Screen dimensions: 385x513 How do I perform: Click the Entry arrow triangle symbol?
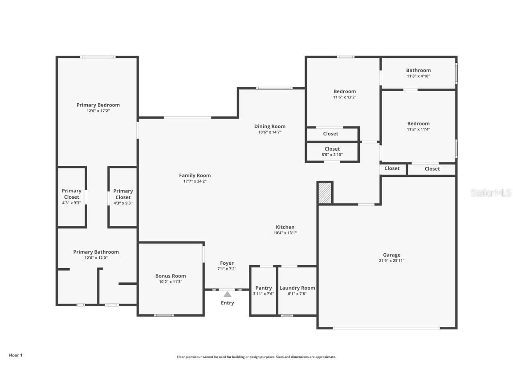click(228, 294)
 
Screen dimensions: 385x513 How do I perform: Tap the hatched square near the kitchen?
click(325, 193)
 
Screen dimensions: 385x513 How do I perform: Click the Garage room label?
click(391, 255)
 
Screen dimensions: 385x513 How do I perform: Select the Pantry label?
click(264, 288)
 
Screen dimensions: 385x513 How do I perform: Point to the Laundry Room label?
click(297, 288)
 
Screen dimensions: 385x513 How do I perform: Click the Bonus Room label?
click(171, 276)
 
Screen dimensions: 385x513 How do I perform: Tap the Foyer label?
click(227, 263)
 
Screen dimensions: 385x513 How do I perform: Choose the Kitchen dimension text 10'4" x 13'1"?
click(285, 233)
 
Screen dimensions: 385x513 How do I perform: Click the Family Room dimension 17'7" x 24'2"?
click(195, 181)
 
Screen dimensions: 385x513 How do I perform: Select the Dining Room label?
click(270, 126)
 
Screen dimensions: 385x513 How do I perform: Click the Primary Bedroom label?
click(98, 105)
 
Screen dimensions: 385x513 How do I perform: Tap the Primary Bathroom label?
click(96, 252)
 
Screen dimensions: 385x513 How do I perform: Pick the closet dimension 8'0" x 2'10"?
click(332, 155)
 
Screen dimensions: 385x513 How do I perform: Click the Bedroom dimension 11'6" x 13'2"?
click(345, 97)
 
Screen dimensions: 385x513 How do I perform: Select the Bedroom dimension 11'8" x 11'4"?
click(418, 130)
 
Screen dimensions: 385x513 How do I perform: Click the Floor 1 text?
click(15, 355)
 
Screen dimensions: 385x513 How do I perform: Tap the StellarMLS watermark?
click(491, 193)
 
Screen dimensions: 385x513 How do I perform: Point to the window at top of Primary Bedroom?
click(98, 57)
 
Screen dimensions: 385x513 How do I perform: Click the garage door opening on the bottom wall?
click(387, 328)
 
